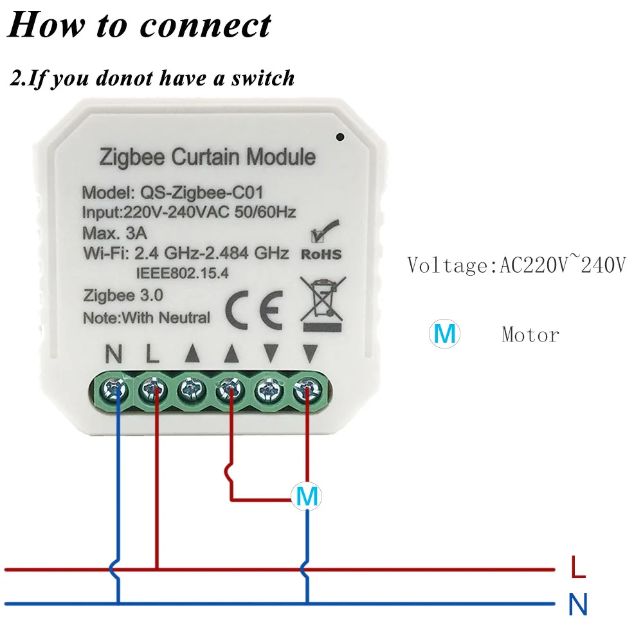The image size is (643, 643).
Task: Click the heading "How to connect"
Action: pos(140,26)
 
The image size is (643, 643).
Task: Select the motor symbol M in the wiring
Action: pos(307,496)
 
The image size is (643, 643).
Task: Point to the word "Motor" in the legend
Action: pos(530,334)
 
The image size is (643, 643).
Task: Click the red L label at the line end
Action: pos(578,568)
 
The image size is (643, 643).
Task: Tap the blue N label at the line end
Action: pos(578,604)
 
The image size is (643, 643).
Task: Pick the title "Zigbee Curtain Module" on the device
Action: pos(207,156)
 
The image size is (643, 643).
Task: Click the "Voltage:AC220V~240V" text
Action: pos(516,264)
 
